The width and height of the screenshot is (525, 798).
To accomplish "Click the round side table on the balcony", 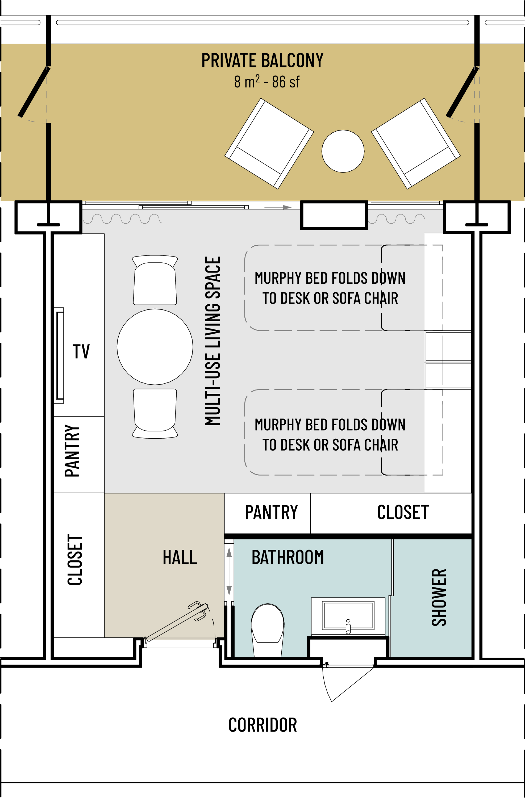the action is click(x=343, y=151).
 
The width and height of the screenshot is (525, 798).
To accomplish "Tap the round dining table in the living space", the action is click(x=155, y=347).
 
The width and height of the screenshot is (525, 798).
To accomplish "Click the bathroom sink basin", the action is click(x=348, y=616).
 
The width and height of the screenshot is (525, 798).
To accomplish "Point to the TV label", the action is click(x=81, y=352).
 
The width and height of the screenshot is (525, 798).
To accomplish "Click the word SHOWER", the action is click(x=439, y=597).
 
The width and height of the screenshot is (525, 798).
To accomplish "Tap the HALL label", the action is click(x=180, y=557).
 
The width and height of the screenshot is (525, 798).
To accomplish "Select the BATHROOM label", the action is click(x=288, y=557).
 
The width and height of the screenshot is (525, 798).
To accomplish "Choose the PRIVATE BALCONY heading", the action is click(x=262, y=60).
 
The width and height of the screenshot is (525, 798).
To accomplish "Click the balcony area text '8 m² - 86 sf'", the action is click(x=267, y=82).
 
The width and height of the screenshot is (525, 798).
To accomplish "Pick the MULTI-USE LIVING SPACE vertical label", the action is click(x=213, y=341).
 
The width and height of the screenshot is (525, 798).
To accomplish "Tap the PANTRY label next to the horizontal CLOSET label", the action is click(x=271, y=512).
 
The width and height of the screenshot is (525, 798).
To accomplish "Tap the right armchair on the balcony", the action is click(x=416, y=144).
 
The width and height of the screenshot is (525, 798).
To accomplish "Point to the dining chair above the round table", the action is click(x=155, y=280).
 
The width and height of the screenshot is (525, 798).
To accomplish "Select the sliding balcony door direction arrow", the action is click(x=278, y=207).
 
